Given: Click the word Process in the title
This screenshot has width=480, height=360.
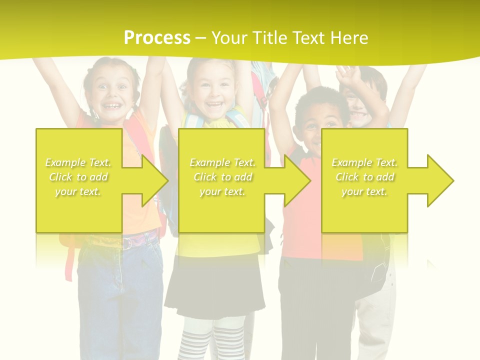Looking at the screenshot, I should (x=157, y=38).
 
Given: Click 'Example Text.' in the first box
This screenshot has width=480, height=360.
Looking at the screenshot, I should (x=78, y=162).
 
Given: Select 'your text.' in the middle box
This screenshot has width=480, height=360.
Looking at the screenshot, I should (x=222, y=191).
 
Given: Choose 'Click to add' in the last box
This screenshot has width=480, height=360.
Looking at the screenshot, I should (x=364, y=177).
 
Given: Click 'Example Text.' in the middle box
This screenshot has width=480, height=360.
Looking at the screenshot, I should (x=222, y=162).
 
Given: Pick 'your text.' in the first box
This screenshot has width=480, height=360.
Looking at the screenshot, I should (x=78, y=191).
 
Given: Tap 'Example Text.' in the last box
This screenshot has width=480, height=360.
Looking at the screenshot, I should (x=364, y=162).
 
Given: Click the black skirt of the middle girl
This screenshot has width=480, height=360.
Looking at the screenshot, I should (x=215, y=290).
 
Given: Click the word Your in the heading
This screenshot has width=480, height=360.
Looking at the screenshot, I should (x=229, y=38).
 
